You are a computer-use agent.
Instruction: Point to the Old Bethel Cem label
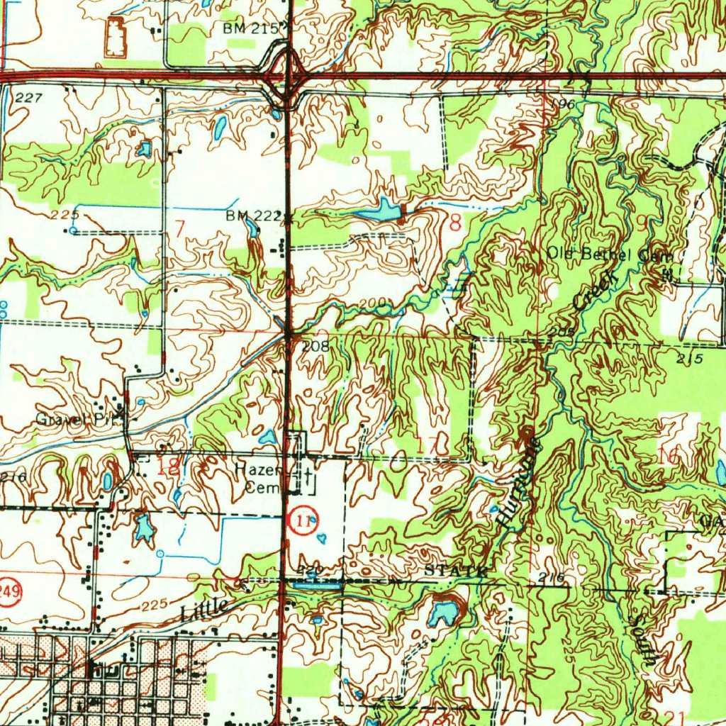coord(608,254)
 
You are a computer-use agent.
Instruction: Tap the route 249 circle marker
coord(7,586)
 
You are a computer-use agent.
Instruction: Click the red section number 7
coord(179,228)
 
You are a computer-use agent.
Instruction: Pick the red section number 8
coord(454,223)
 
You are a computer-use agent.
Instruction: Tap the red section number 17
coord(428,447)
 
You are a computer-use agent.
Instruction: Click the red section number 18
coord(168,466)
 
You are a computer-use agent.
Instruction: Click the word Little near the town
coord(205,609)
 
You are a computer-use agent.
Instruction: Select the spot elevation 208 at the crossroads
coord(315,346)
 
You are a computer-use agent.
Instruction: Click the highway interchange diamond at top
coord(289,73)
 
